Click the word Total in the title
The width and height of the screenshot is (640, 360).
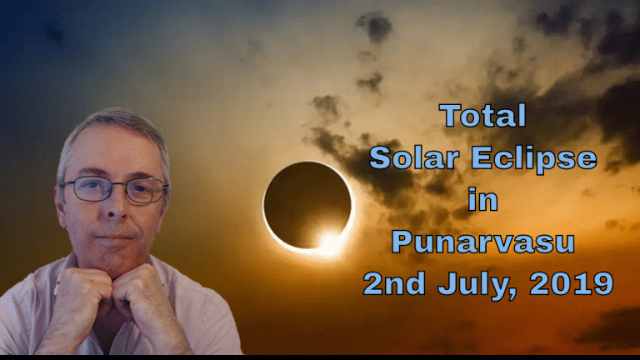coord(483,115)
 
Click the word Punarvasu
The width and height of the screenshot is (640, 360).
coord(483,242)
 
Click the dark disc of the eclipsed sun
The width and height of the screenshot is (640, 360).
coord(307,203)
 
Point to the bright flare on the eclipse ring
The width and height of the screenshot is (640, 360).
coord(329,242)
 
